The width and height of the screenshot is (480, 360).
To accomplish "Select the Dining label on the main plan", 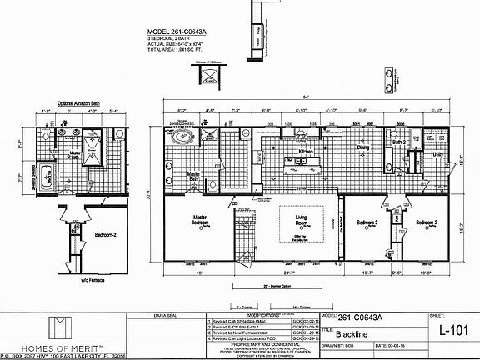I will pos(363,148).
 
